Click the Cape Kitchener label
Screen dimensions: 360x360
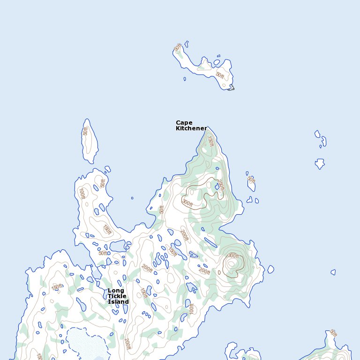coord(191,126)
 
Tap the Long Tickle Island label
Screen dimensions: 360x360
coord(118,296)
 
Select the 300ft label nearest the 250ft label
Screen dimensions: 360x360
coord(187,203)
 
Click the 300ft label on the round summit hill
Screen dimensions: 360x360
coord(233,256)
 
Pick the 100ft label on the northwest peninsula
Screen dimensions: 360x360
coord(82,194)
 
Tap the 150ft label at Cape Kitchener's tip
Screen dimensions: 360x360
coord(210,142)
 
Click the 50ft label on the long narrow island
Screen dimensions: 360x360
coord(85,131)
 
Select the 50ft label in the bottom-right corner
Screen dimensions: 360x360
coord(333,333)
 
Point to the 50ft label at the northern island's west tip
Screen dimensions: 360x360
coord(177,48)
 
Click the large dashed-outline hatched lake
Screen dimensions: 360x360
coord(87,345)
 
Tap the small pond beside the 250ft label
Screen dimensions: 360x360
coord(217,187)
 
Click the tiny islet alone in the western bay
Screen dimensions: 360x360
coord(132,198)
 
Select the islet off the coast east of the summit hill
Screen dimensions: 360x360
coord(270,269)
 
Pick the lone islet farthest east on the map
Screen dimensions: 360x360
coord(333,272)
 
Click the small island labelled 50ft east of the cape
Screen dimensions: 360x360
coord(251,183)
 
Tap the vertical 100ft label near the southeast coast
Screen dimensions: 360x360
coord(191,308)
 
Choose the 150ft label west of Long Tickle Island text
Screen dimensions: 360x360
coord(57,287)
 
